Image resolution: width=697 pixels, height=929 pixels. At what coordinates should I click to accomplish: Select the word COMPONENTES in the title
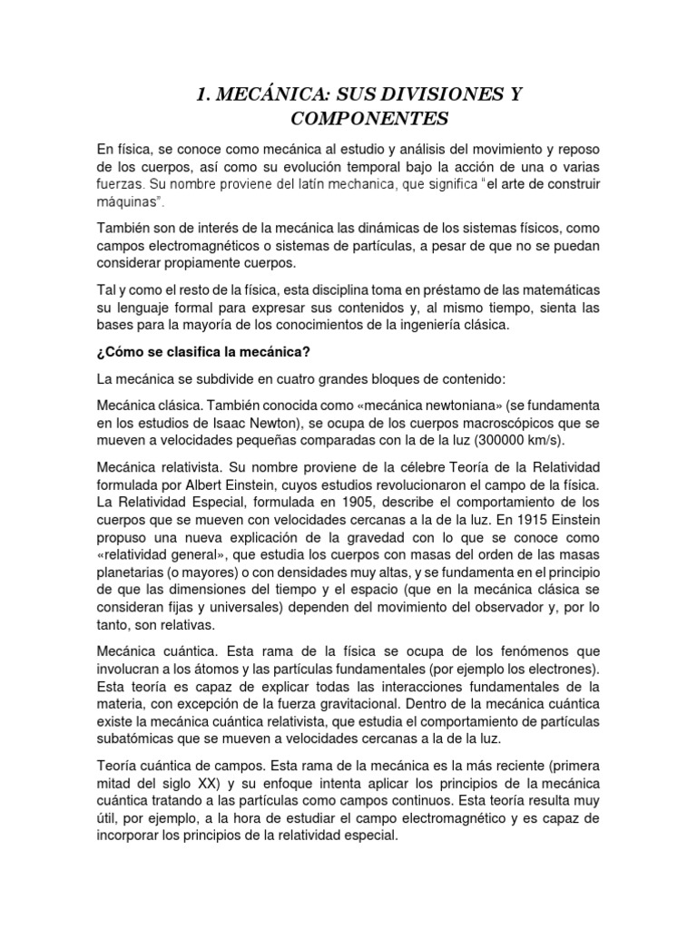348,119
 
